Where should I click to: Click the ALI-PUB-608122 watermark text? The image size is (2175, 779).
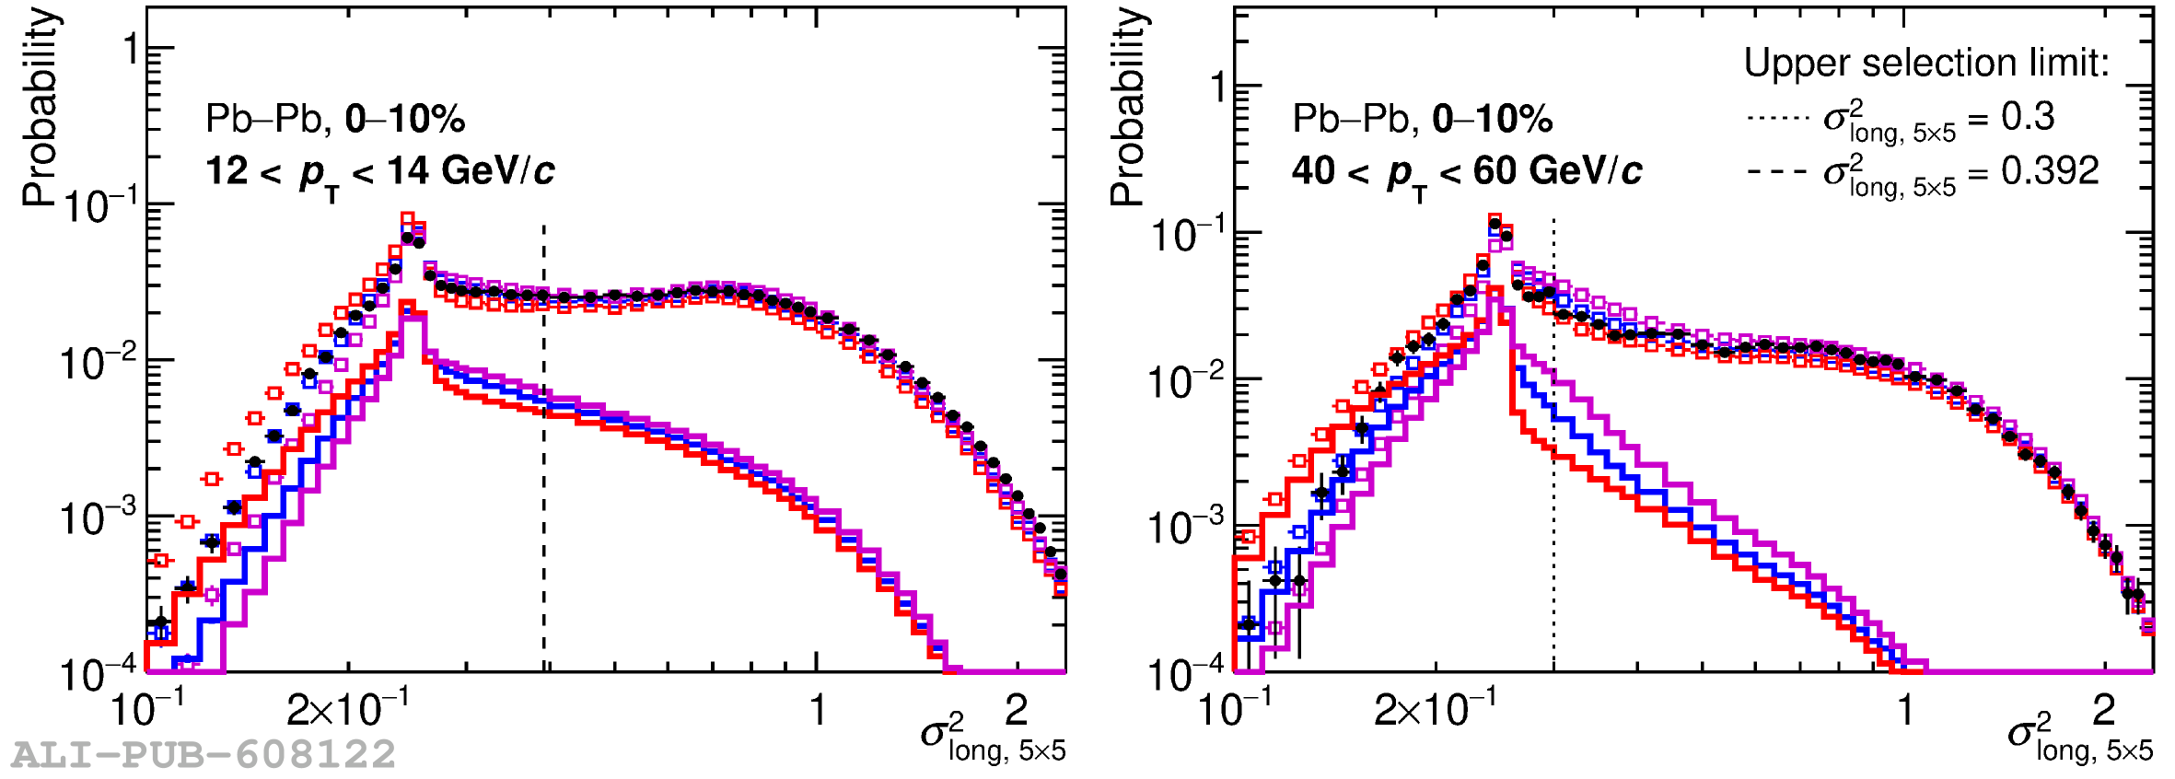point(204,755)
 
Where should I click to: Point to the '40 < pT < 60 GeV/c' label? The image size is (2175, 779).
point(1466,172)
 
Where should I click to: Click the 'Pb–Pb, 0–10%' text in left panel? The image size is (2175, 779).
point(335,119)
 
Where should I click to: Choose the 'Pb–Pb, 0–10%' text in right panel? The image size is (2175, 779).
point(1423,119)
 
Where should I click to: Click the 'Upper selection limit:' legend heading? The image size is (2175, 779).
point(1926,63)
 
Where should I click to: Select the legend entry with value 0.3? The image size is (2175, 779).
point(1901,119)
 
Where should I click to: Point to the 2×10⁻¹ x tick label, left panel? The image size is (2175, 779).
point(348,710)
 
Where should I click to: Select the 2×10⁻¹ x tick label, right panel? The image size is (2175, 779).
point(1436,710)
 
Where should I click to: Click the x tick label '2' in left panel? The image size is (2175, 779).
point(1017,710)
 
